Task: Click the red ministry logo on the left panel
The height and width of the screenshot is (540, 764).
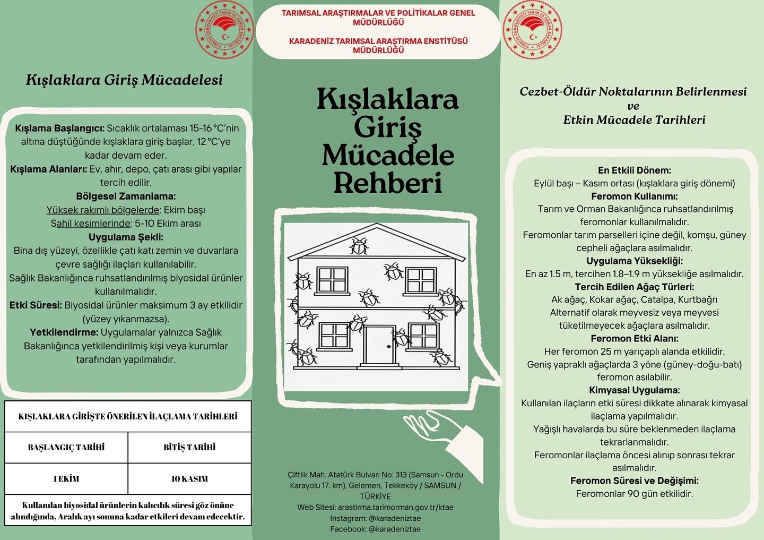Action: (224, 30)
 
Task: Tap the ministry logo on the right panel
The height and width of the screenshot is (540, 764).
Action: (532, 30)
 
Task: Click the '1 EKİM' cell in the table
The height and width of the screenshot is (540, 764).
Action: (66, 479)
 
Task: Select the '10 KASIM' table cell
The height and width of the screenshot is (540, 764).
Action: (189, 479)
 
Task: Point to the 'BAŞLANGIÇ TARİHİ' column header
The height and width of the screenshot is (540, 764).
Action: (66, 448)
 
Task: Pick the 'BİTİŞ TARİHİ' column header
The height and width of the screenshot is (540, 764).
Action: (189, 448)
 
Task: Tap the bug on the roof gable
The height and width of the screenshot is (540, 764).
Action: (359, 246)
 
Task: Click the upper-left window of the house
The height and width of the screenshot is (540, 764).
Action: (332, 280)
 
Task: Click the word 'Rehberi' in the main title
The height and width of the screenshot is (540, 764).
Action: (387, 183)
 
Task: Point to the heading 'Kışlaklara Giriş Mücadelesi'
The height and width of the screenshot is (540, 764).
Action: (124, 80)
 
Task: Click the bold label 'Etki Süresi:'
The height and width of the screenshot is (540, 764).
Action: (36, 305)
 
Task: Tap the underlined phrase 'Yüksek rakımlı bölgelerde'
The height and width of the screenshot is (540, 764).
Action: (103, 210)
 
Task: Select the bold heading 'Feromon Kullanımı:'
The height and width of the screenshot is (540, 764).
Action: (634, 196)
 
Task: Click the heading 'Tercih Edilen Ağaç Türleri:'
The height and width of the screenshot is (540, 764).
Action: (634, 287)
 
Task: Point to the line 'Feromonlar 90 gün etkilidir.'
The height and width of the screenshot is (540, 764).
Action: (634, 494)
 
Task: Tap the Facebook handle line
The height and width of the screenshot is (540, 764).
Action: (375, 529)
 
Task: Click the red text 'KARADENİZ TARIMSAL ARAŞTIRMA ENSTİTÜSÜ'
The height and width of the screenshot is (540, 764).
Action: (378, 41)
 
